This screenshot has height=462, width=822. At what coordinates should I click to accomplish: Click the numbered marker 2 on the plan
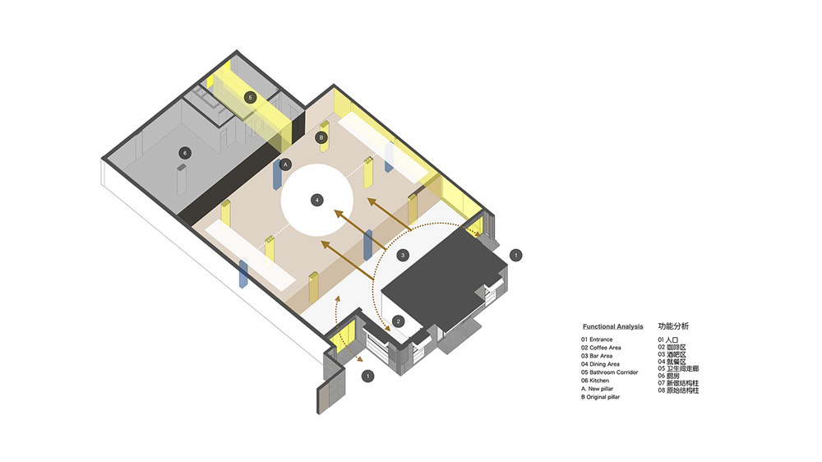[398, 321]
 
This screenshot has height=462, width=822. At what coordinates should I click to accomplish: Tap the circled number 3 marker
[403, 256]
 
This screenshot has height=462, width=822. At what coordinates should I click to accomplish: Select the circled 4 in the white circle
[316, 200]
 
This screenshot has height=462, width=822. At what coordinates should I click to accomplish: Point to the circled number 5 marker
[251, 98]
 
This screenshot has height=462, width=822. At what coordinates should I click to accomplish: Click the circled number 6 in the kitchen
[184, 153]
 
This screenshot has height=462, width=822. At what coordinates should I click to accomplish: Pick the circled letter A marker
[285, 164]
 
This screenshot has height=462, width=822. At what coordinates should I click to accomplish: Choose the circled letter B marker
[321, 138]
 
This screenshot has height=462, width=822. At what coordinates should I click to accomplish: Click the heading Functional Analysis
[613, 326]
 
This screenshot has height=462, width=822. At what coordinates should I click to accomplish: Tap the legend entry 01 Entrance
[597, 340]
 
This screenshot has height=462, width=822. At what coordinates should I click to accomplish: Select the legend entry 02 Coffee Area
[601, 348]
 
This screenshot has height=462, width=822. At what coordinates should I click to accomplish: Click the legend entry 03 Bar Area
[597, 356]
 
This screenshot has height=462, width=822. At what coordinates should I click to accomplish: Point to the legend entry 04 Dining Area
[600, 364]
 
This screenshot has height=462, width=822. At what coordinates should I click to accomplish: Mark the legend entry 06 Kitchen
[595, 381]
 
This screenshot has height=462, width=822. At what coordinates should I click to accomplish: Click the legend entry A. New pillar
[597, 389]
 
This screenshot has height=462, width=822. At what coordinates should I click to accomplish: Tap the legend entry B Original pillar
[600, 397]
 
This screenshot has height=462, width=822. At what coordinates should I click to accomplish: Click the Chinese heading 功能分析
[674, 326]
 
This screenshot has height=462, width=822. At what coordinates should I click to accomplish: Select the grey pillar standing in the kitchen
[182, 179]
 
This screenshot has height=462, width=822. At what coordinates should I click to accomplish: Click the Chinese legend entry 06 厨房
[669, 376]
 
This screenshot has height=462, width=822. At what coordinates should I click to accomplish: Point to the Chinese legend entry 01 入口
[668, 340]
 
